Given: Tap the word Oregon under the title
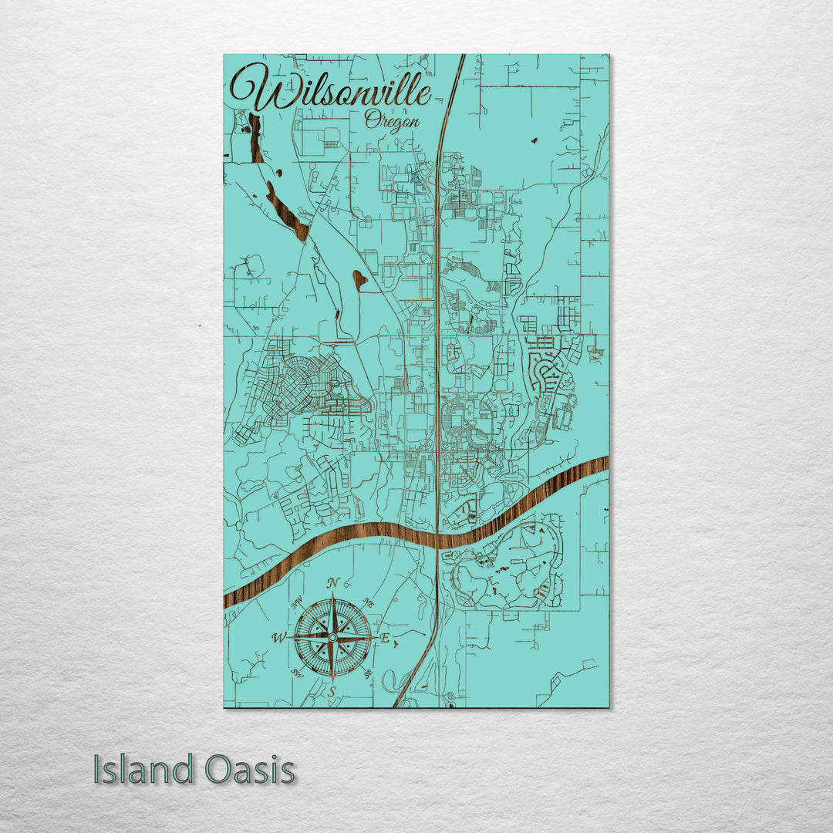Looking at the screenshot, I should point(393,121).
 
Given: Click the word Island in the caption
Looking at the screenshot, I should point(143,770).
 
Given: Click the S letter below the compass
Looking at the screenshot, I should point(332,692).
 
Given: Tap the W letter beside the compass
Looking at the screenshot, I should point(279,638).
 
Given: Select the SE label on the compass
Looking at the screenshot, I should point(368,673).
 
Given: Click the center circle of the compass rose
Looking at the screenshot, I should point(332,638).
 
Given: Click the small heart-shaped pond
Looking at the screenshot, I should point(359,278).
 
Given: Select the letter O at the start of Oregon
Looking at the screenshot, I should point(371,119).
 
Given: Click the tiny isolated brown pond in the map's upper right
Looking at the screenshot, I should point(534,140).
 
